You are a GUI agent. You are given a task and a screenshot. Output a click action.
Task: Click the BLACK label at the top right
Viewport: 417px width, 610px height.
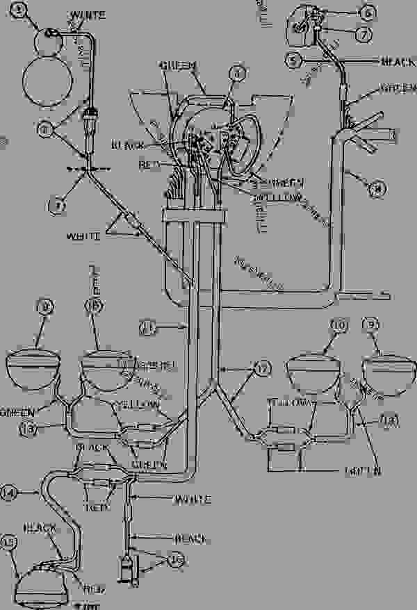pyautogui.click(x=398, y=63)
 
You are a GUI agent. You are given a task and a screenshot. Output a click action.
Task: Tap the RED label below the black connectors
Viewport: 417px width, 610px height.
pyautogui.click(x=97, y=507)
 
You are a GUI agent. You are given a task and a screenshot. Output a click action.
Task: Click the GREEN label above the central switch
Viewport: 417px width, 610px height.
pyautogui.click(x=179, y=65)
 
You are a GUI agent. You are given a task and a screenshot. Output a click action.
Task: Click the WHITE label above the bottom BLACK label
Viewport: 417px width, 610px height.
pyautogui.click(x=191, y=500)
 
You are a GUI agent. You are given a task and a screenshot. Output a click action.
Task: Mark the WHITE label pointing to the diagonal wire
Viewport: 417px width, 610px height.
pyautogui.click(x=83, y=236)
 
